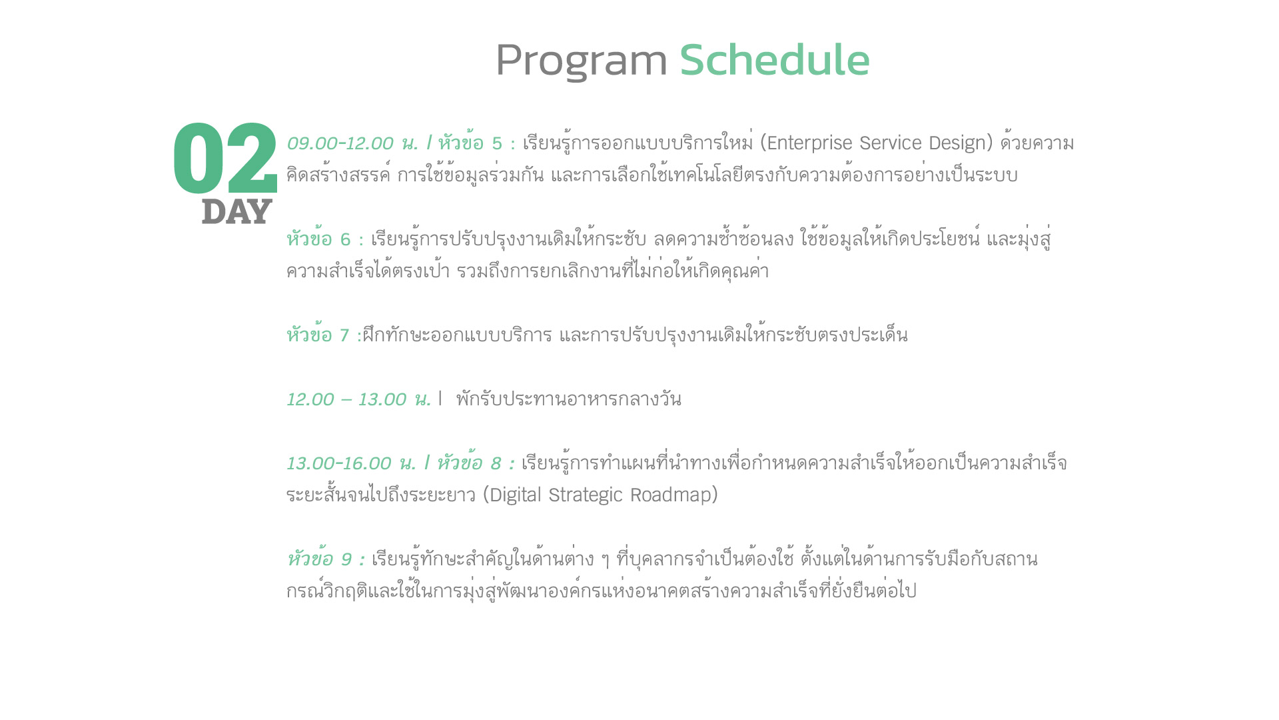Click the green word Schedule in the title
775,60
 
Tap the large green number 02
225,159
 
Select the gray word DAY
236,211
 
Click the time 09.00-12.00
340,143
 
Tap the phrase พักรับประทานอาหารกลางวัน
568,399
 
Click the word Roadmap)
674,495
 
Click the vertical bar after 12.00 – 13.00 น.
440,399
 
